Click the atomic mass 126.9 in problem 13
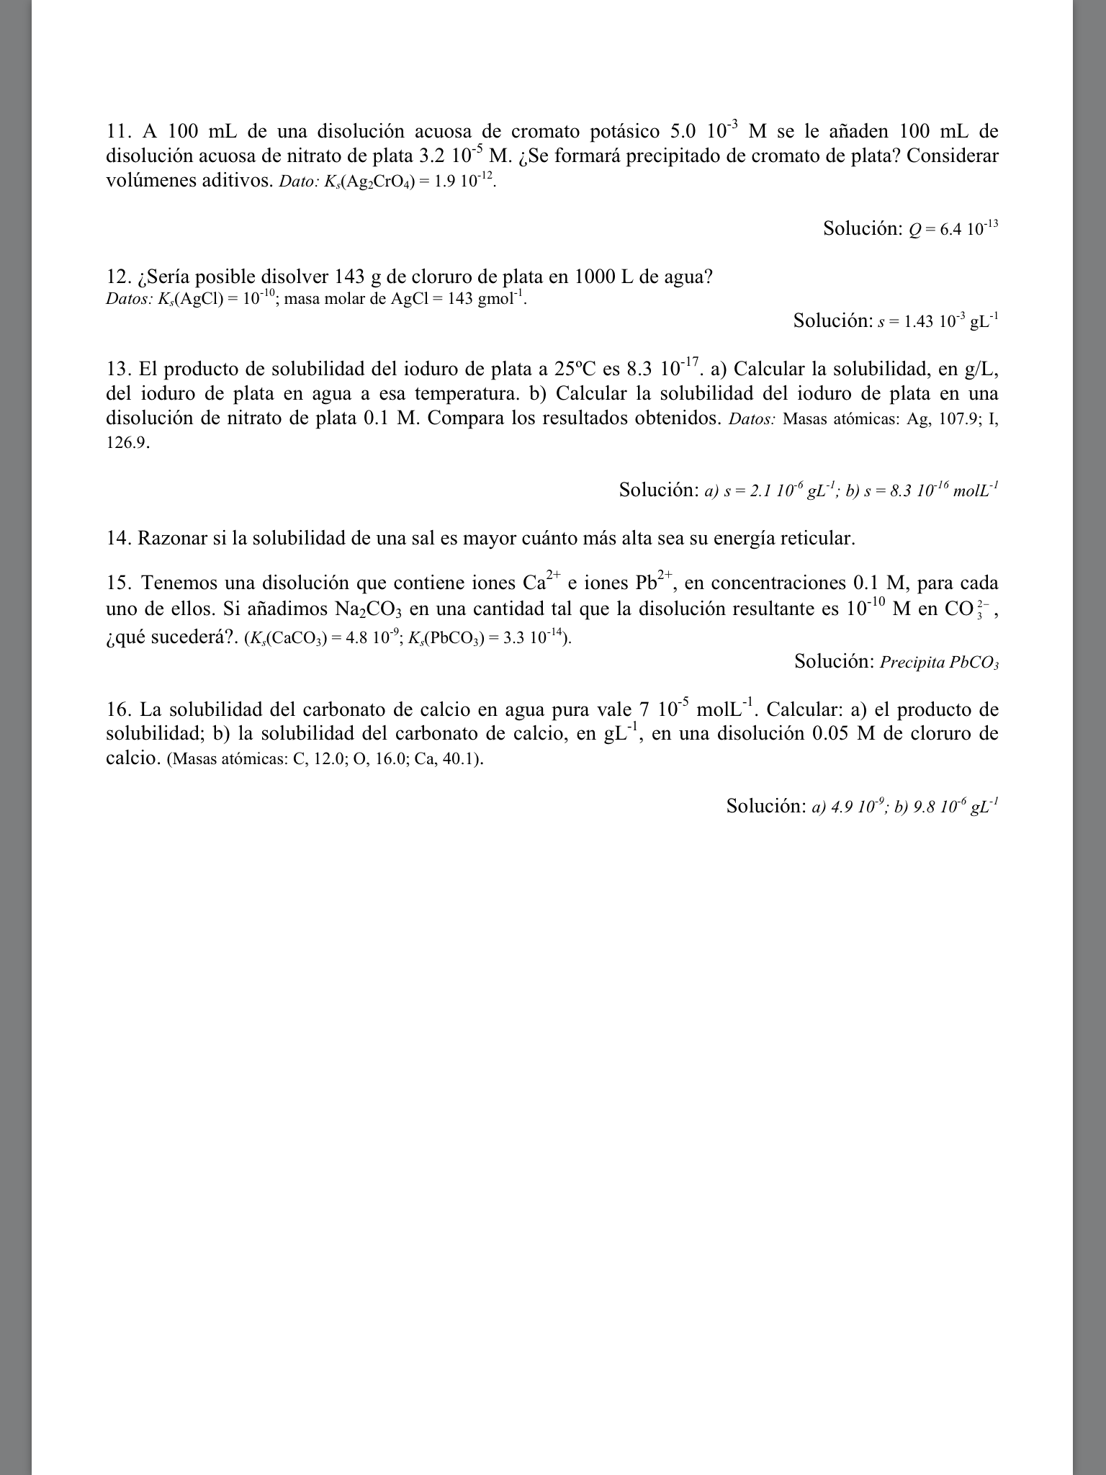pos(126,442)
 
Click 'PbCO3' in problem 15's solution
pos(974,663)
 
